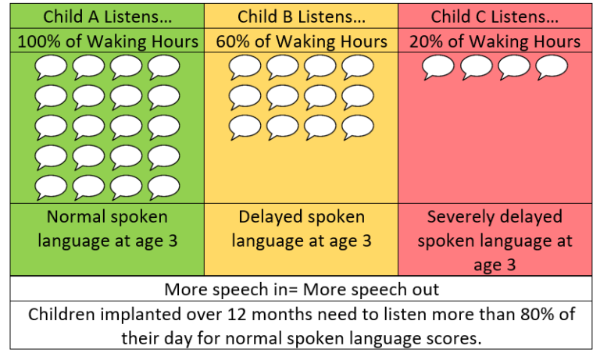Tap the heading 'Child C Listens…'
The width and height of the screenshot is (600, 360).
pos(495,16)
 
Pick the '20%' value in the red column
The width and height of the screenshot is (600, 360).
pos(426,41)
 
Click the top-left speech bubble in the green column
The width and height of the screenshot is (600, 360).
pos(52,69)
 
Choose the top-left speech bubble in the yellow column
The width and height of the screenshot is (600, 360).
pos(245,69)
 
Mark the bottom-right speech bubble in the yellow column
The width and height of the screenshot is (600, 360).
pos(358,127)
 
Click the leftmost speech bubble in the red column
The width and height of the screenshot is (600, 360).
pos(438,69)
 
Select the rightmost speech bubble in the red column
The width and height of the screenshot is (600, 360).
pos(552,69)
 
